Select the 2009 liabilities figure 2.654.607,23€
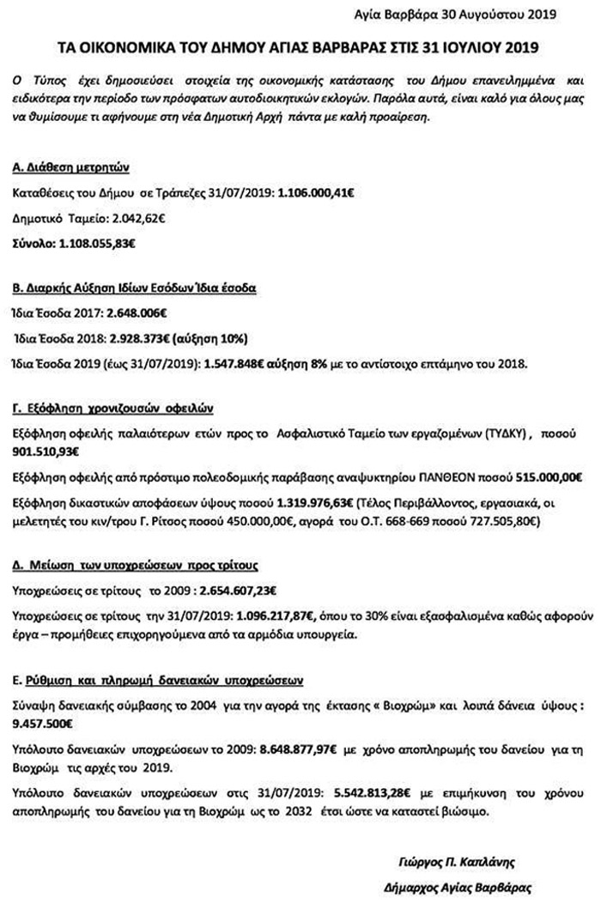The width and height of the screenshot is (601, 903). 234,591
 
